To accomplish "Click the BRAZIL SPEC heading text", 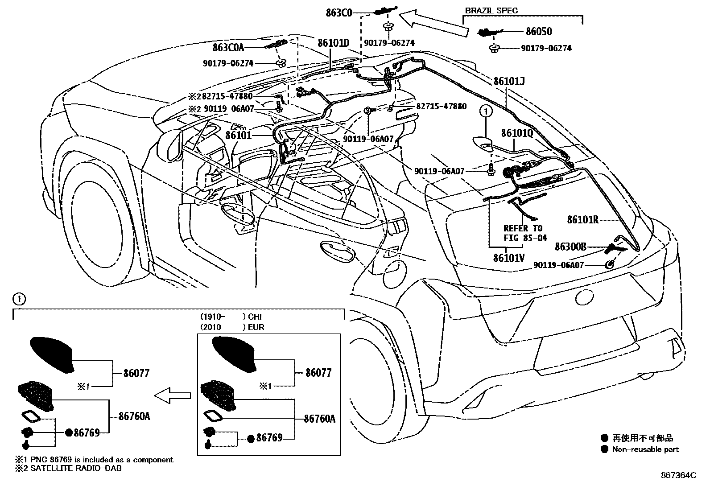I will [x=491, y=11].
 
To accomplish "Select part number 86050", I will [x=539, y=31].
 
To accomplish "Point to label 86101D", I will [x=333, y=43].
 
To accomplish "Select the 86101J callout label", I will [x=509, y=82].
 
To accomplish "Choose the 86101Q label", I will [x=517, y=133].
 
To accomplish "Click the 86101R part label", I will [x=582, y=219].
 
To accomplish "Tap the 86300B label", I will [x=570, y=247].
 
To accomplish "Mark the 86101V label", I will [x=509, y=258].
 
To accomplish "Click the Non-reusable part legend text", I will [x=645, y=449].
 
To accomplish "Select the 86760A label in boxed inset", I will [x=319, y=419].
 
